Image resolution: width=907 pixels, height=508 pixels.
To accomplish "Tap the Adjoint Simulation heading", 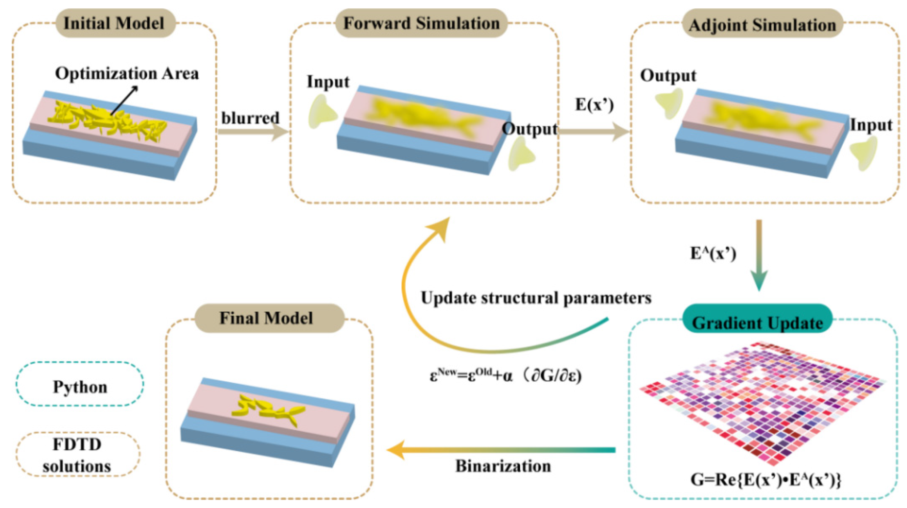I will (763, 25).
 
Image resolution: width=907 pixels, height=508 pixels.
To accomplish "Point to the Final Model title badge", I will (267, 318).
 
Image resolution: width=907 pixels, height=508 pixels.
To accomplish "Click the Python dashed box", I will (80, 386).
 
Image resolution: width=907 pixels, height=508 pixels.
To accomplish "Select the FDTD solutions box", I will (78, 455).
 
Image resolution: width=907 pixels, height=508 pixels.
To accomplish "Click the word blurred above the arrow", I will (250, 118).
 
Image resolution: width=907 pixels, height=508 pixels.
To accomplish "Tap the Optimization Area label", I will (127, 74).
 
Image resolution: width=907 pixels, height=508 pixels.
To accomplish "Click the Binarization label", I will (503, 466).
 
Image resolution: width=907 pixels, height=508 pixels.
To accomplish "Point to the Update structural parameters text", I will (536, 298).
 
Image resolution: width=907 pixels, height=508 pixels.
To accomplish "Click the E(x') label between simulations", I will (594, 105).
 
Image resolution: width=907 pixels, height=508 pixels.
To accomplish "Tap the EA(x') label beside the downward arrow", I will (713, 253).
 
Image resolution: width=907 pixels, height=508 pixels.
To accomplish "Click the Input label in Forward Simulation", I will (328, 82).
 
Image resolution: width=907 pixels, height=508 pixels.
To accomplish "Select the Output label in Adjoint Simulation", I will (668, 75).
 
